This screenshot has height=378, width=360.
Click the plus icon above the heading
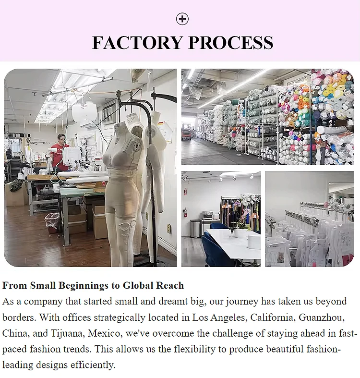tap(182, 19)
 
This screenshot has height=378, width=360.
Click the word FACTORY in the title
tap(137, 42)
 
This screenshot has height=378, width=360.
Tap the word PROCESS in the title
tap(230, 42)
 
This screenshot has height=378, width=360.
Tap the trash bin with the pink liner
tap(52, 222)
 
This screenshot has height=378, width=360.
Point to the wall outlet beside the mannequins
tap(169, 229)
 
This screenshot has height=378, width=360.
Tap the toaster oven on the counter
tap(208, 216)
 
